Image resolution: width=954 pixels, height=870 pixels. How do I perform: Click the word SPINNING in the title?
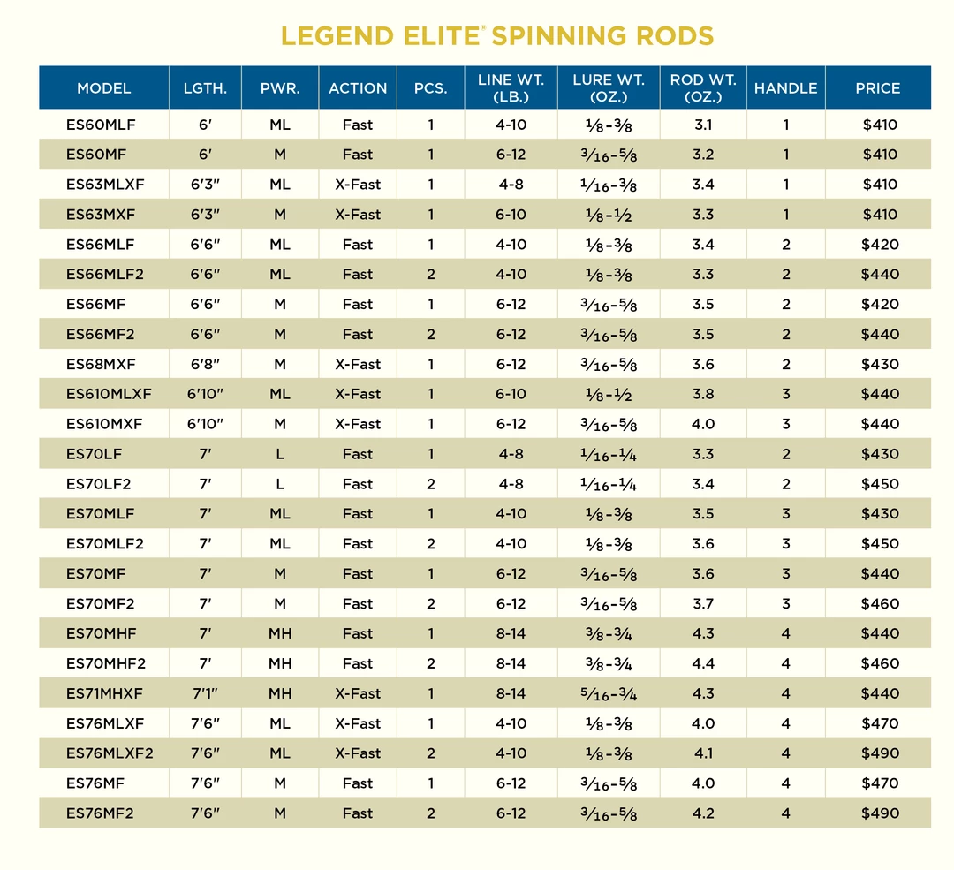pyautogui.click(x=549, y=36)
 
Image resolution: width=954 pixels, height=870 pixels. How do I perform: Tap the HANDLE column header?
pyautogui.click(x=785, y=88)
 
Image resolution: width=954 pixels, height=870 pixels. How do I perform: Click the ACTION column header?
pyautogui.click(x=358, y=88)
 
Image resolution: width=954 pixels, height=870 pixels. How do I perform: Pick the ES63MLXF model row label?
pyautogui.click(x=104, y=185)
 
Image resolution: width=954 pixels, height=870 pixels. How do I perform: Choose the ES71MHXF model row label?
pyautogui.click(x=106, y=693)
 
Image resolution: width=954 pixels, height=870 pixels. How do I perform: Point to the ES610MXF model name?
pyautogui.click(x=104, y=424)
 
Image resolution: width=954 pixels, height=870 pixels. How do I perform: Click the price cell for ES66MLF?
pyautogui.click(x=879, y=245)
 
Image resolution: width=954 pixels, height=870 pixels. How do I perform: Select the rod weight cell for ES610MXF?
pyautogui.click(x=703, y=424)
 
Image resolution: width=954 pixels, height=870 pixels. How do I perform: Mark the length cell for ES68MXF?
pyautogui.click(x=205, y=364)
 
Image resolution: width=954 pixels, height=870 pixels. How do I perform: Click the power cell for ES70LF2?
pyautogui.click(x=280, y=484)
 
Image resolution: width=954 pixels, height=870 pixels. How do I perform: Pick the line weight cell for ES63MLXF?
pyautogui.click(x=511, y=185)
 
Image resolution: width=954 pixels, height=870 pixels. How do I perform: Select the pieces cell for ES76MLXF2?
pyautogui.click(x=431, y=753)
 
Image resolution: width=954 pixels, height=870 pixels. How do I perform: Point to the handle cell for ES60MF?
pyautogui.click(x=786, y=155)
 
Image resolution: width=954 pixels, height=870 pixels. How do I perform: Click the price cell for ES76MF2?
pyautogui.click(x=879, y=813)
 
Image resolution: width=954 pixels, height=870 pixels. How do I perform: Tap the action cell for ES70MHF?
pyautogui.click(x=358, y=633)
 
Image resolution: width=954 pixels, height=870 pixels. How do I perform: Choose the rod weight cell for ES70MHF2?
pyautogui.click(x=703, y=663)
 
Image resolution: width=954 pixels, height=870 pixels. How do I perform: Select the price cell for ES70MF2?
pyautogui.click(x=879, y=604)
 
